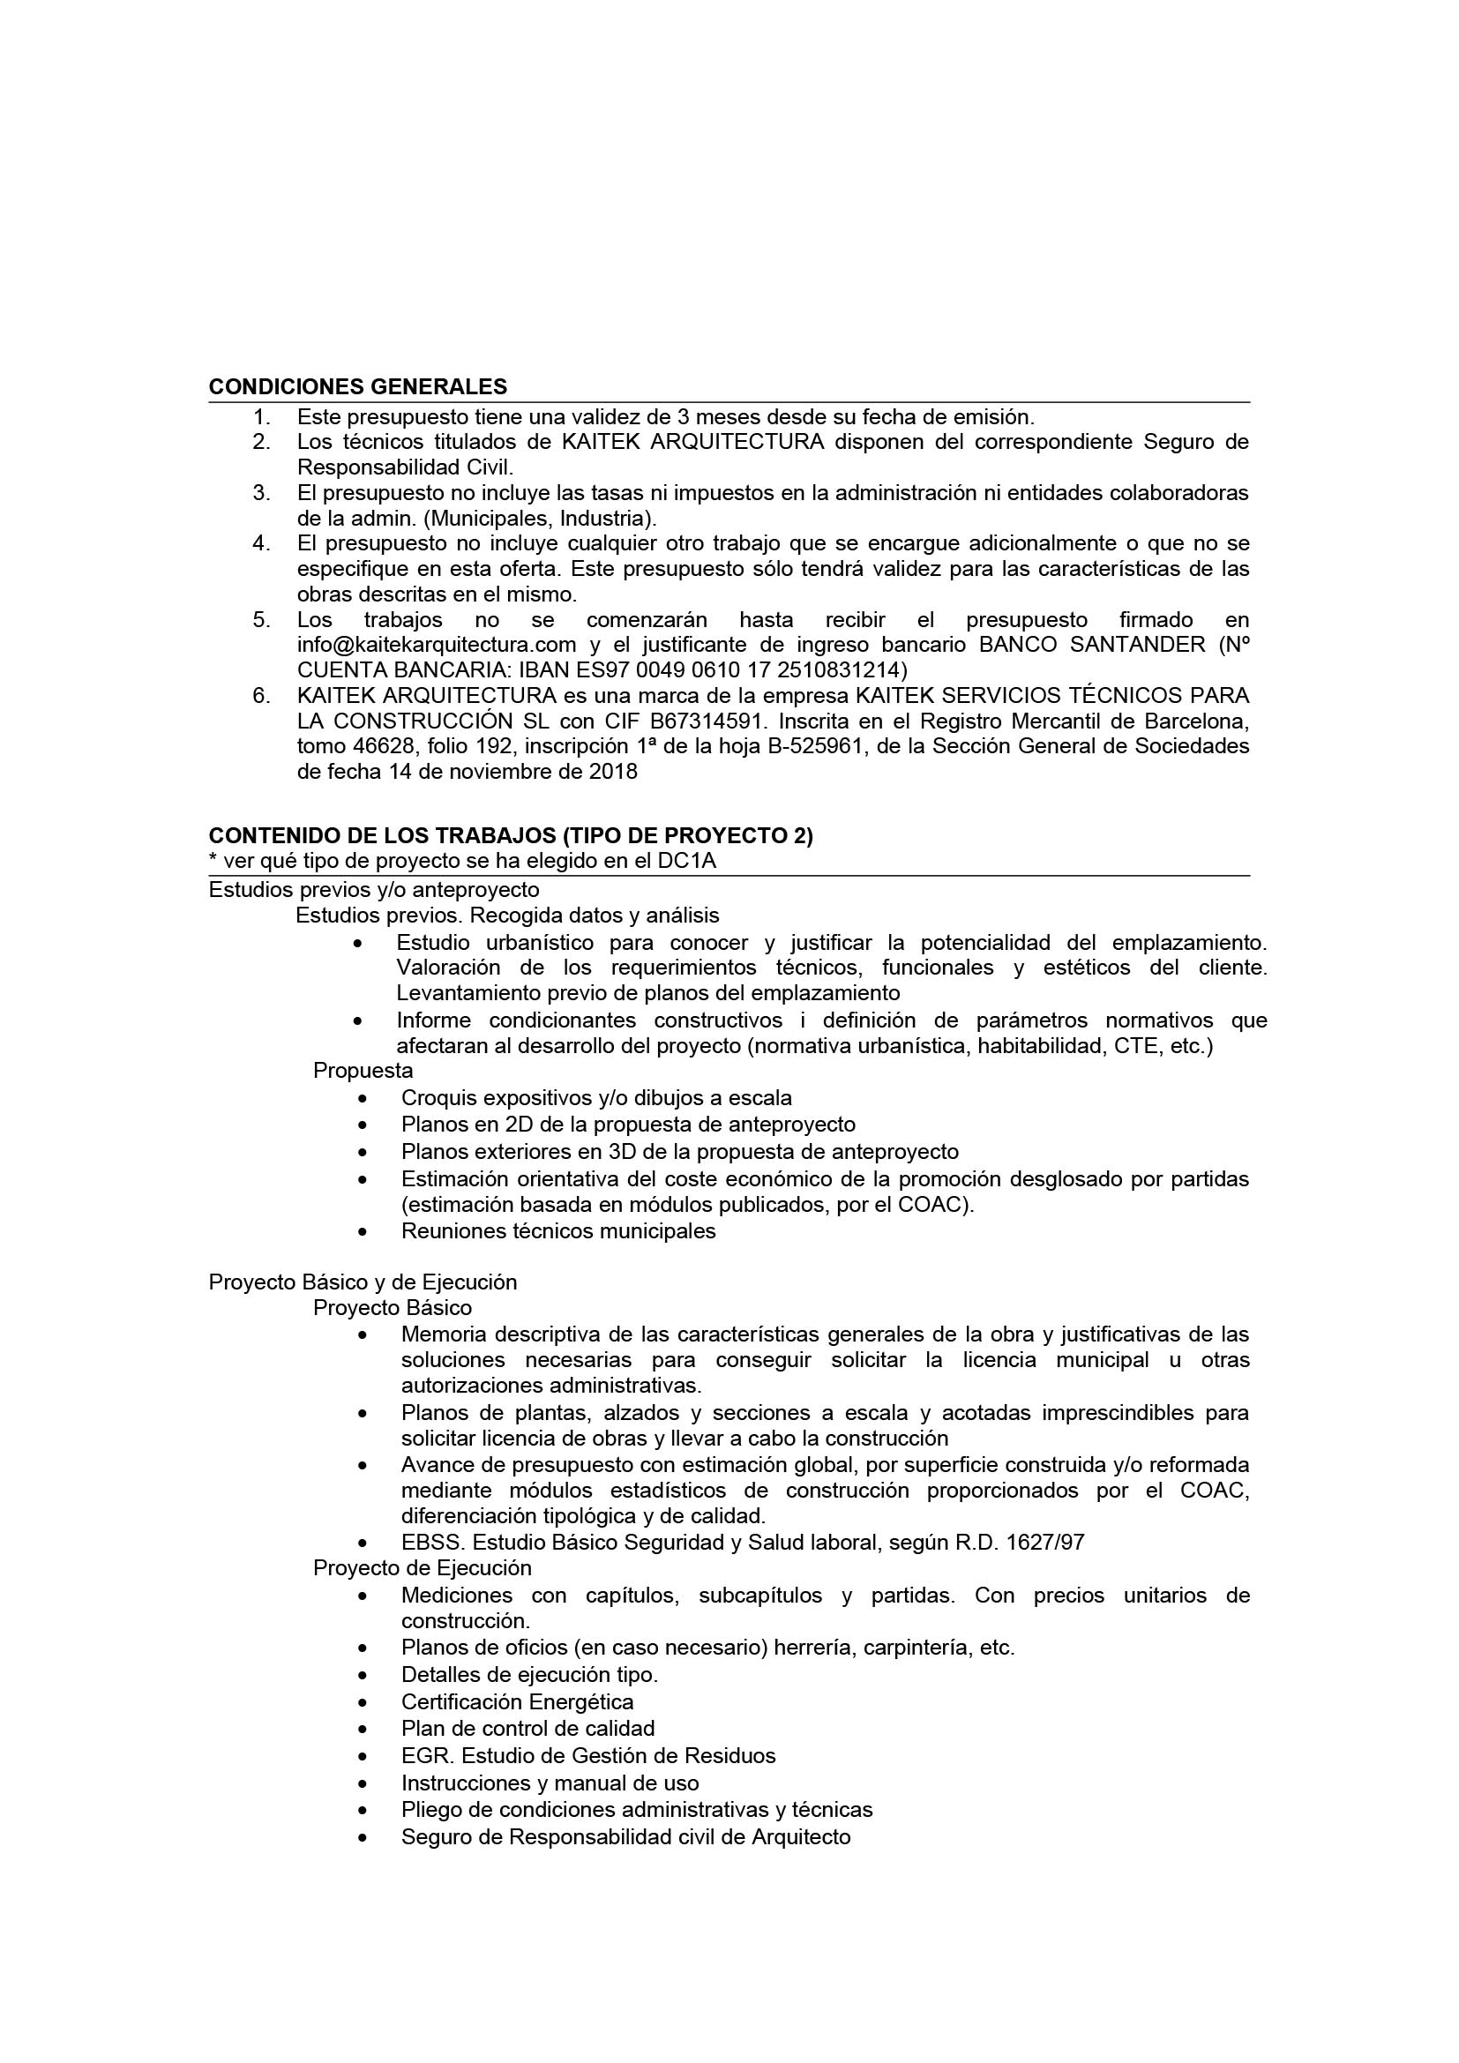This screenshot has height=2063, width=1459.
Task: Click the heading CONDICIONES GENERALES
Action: coord(357,386)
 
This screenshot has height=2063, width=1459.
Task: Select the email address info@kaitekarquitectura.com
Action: coord(437,644)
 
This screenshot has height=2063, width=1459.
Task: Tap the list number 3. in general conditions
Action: coord(261,492)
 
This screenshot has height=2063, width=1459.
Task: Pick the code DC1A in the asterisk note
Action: coord(686,861)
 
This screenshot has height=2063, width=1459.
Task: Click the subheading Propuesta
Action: coord(363,1070)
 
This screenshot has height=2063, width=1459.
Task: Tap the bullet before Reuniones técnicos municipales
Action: coord(362,1232)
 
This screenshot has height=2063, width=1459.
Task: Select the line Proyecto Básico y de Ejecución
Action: coord(363,1282)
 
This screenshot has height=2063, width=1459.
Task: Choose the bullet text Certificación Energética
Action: coord(518,1701)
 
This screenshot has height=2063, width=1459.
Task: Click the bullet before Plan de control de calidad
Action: coord(362,1730)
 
